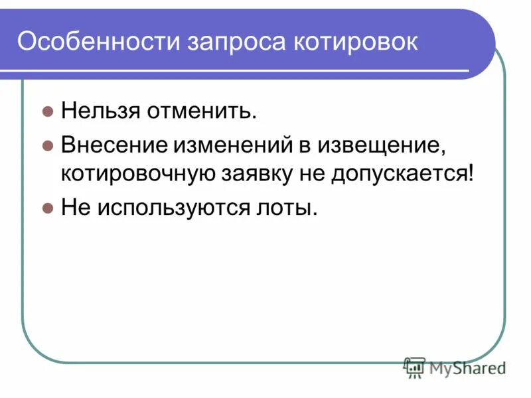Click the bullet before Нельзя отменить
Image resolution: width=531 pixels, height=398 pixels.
tap(47, 111)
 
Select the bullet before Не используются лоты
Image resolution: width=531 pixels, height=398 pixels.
tap(47, 208)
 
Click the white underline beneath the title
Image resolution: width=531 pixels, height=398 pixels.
tap(246, 71)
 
